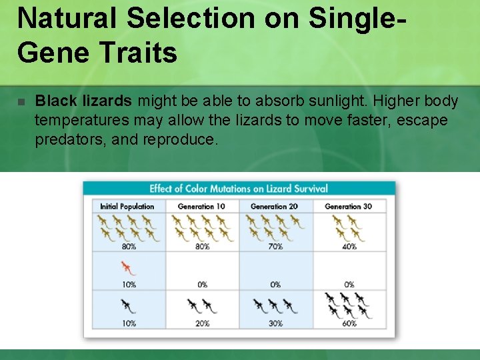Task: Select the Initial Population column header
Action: point(127,207)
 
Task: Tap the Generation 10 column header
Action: point(201,207)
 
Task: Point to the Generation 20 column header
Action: point(274,207)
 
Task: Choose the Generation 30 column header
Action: point(348,207)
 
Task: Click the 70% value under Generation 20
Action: point(275,247)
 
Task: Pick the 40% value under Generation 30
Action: point(349,247)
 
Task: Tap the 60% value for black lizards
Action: point(349,323)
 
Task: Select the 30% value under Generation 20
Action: point(275,323)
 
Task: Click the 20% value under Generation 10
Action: point(202,323)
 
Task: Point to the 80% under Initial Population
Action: point(129,247)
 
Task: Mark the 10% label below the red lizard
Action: point(129,285)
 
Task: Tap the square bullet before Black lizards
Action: point(21,102)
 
